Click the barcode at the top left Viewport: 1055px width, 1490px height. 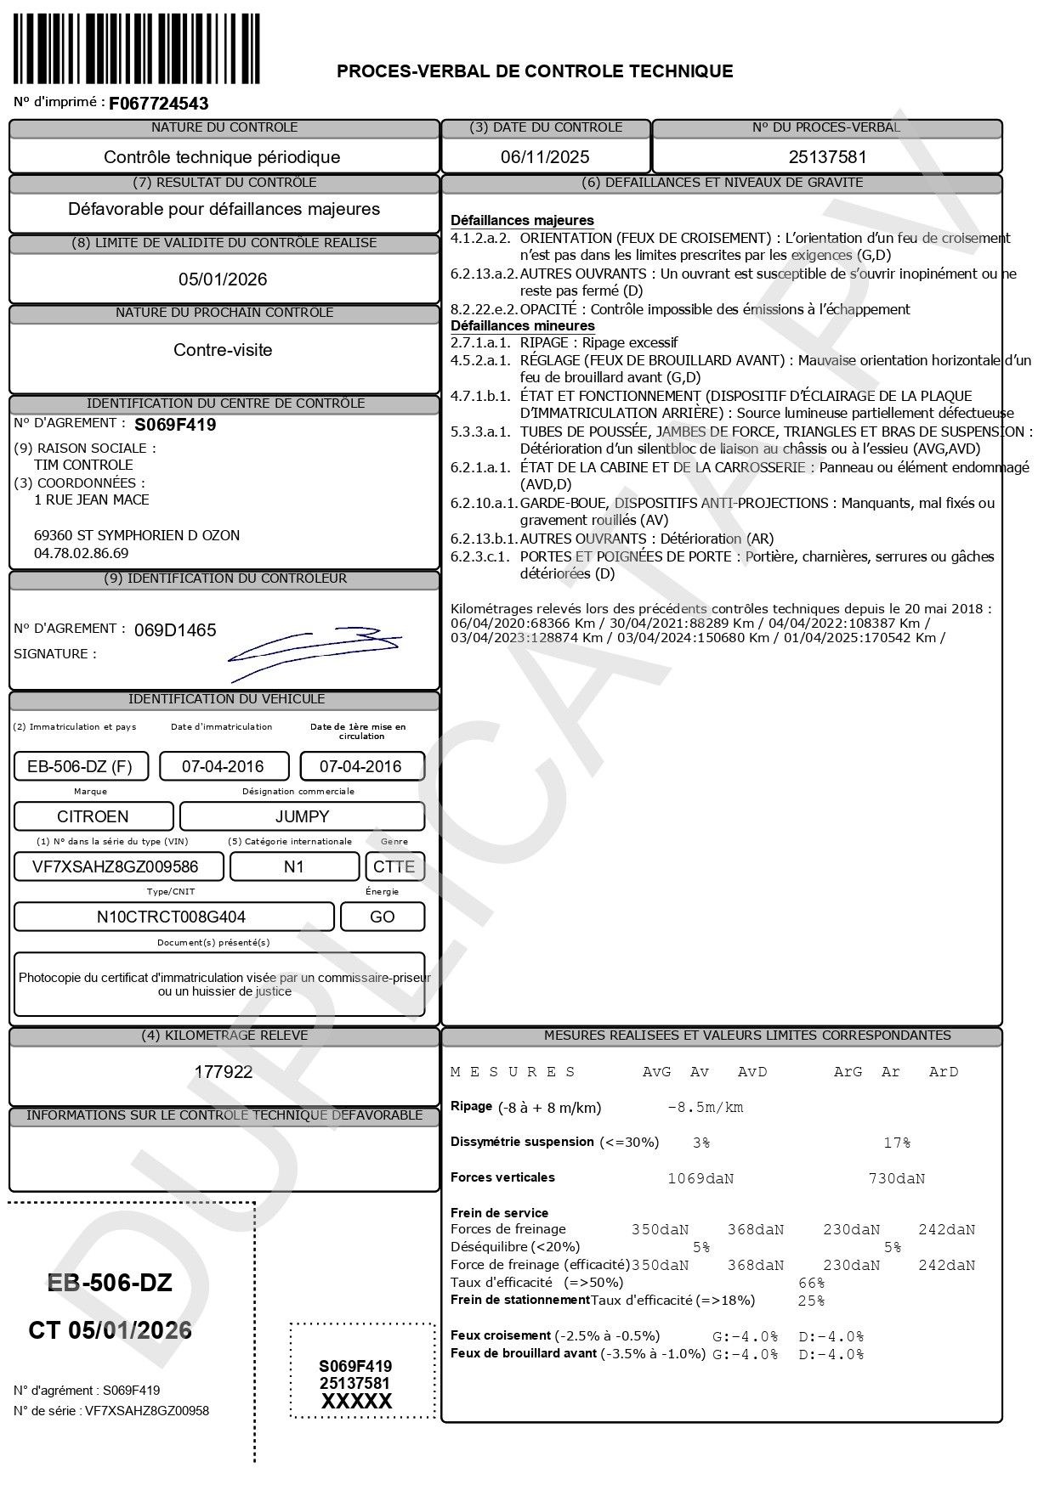point(137,49)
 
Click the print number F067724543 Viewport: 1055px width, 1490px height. point(159,104)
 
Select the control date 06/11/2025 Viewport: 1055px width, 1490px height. point(545,157)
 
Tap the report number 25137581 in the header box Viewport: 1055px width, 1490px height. point(827,157)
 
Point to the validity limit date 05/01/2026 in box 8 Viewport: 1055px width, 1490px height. point(223,279)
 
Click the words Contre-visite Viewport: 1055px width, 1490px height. point(223,350)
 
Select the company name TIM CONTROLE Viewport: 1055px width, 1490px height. point(83,465)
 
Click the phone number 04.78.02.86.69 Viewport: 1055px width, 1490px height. point(81,553)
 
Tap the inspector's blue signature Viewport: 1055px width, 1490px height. point(315,650)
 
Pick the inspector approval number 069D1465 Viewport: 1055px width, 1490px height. point(175,630)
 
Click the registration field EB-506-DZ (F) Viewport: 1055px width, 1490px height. point(80,766)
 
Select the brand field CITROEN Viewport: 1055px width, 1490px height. point(93,816)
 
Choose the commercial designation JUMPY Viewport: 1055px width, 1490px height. point(302,816)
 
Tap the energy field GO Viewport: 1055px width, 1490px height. point(383,917)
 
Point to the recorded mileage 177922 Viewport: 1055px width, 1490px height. point(224,1072)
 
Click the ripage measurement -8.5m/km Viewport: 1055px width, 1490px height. point(706,1108)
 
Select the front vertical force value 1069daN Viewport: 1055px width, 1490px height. point(700,1179)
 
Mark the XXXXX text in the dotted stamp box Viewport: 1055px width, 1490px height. point(356,1402)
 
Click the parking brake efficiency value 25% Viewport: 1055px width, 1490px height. point(811,1301)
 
